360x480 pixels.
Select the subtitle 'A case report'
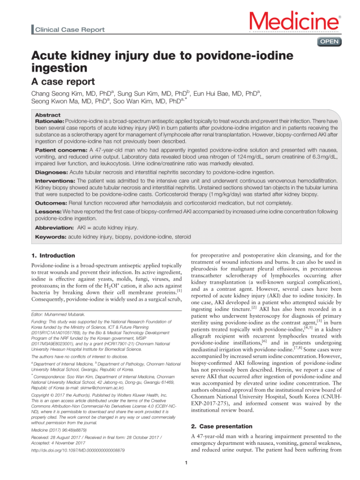coord(60,80)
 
